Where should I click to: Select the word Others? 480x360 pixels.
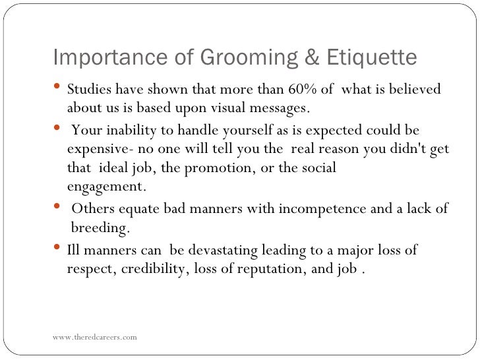pyautogui.click(x=92, y=209)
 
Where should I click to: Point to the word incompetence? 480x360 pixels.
pyautogui.click(x=320, y=209)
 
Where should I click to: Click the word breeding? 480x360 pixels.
pyautogui.click(x=100, y=228)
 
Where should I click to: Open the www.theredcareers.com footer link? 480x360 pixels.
pyautogui.click(x=96, y=337)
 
